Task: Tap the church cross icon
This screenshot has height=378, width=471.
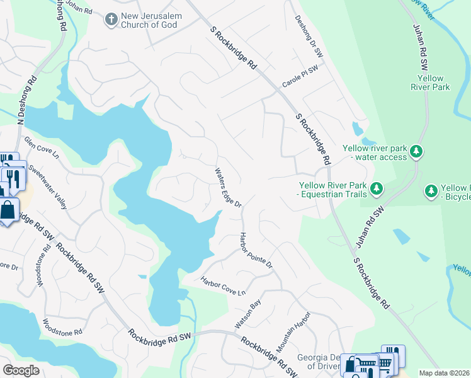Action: (111, 20)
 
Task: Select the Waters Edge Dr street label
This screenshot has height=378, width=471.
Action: (228, 187)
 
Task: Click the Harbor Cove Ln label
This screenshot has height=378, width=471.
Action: (222, 286)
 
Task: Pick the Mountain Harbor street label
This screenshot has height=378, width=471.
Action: (293, 331)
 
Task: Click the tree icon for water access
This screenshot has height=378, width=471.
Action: (416, 152)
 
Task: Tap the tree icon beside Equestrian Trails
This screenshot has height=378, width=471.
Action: (376, 188)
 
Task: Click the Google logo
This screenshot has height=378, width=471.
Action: (21, 370)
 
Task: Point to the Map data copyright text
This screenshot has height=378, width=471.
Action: (445, 373)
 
